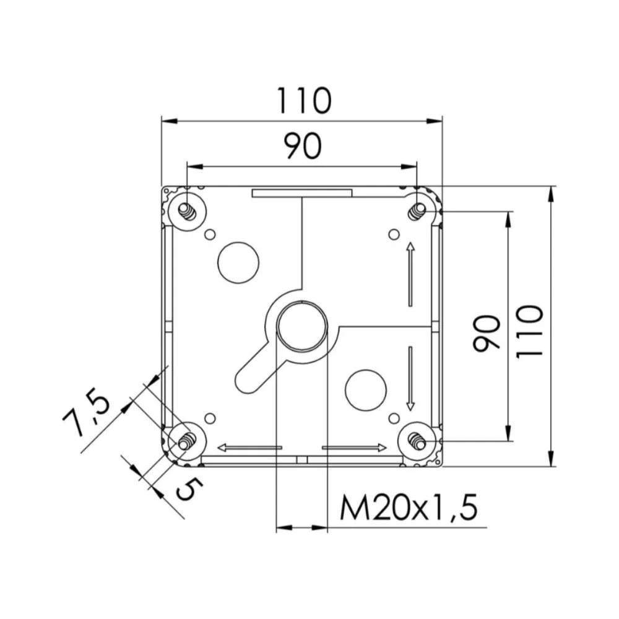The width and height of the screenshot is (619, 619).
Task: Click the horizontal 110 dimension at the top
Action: click(x=303, y=101)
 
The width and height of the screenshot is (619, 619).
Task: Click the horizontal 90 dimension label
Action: click(x=303, y=147)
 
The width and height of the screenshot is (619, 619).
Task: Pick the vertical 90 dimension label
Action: click(x=487, y=333)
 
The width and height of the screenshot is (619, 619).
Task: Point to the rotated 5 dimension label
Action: click(x=189, y=490)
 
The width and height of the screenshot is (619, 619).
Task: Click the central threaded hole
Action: click(x=302, y=327)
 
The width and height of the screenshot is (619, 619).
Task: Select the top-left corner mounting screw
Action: click(x=187, y=212)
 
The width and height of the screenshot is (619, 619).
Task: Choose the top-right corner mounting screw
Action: click(x=417, y=212)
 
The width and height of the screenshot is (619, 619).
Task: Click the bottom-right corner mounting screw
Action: click(x=417, y=441)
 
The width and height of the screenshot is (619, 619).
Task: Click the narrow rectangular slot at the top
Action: click(x=301, y=194)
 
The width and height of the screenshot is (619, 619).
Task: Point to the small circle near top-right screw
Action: click(x=392, y=234)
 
